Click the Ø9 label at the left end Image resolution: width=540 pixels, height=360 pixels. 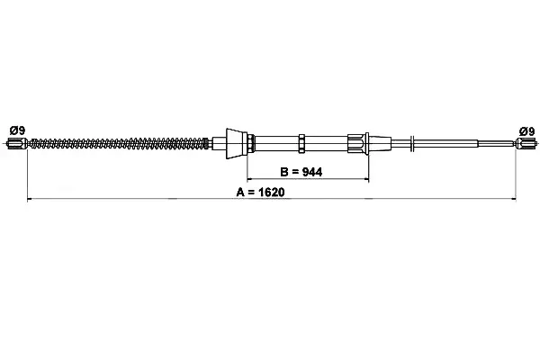pos(18,130)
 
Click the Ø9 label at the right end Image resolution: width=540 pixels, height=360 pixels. pos(526,131)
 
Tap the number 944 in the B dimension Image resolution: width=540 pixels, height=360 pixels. pos(312,172)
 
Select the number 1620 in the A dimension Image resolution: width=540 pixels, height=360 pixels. pos(272,193)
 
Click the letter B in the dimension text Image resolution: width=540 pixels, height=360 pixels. pos(284,172)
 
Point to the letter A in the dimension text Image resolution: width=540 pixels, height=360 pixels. pos(240,193)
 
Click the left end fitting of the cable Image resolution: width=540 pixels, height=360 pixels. pos(17,143)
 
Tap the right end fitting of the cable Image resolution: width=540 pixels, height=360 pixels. pos(526,143)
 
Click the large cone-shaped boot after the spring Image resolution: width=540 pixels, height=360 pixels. pos(236,144)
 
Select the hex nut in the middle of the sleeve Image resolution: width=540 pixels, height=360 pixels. pos(301,144)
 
